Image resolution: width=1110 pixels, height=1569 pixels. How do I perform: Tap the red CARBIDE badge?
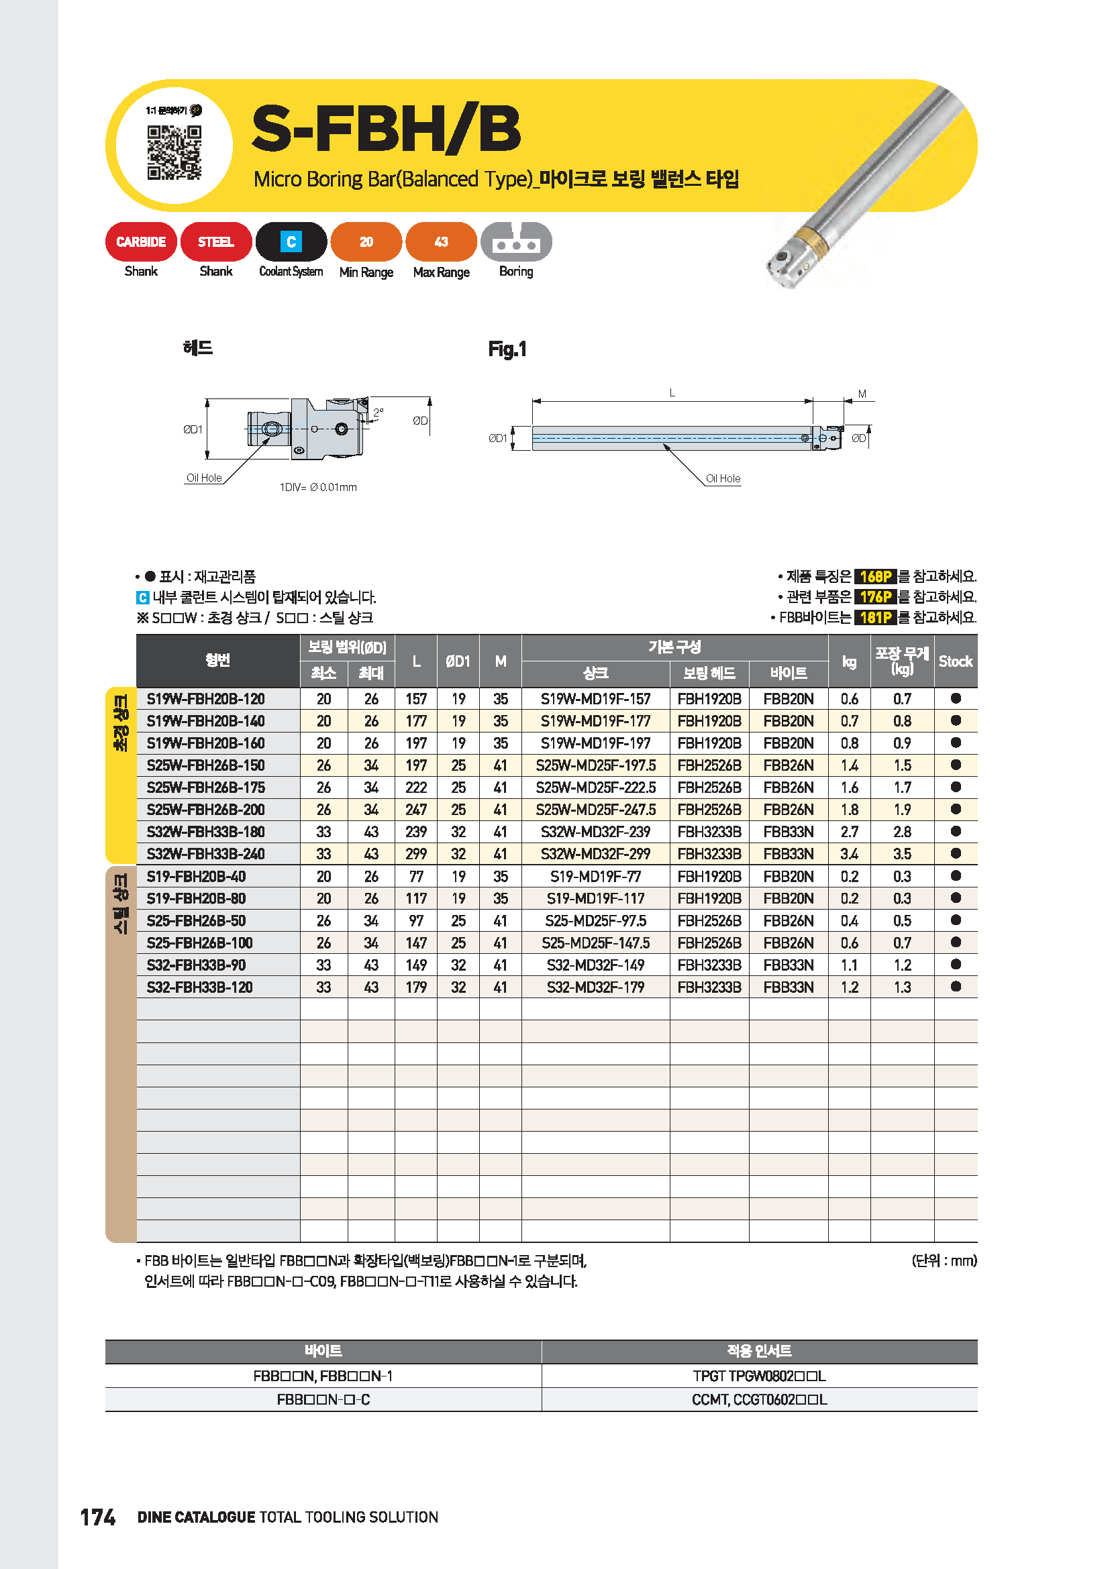(x=141, y=242)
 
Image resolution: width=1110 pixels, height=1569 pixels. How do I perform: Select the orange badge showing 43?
(x=441, y=242)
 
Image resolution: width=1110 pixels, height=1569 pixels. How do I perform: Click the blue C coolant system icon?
(x=291, y=242)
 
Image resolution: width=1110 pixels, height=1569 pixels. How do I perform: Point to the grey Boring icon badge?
(x=516, y=242)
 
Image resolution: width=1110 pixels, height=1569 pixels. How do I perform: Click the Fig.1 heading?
(x=507, y=349)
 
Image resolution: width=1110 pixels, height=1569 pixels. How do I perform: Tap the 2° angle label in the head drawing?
(x=378, y=412)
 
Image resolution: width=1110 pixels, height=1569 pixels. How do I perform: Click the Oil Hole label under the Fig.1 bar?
(x=723, y=478)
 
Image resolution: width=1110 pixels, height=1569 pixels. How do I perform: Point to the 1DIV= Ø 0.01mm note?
(x=318, y=487)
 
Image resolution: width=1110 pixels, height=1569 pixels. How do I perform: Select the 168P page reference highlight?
(x=875, y=576)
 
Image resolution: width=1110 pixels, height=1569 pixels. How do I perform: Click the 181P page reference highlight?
(x=875, y=618)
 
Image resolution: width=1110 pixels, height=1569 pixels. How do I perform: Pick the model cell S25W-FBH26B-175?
(x=205, y=788)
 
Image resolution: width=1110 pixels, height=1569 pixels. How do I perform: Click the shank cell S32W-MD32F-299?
(x=595, y=853)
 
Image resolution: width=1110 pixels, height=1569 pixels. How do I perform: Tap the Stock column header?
(x=956, y=661)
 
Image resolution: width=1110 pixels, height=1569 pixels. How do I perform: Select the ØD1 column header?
(x=458, y=661)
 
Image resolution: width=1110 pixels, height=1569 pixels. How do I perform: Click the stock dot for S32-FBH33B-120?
(x=956, y=986)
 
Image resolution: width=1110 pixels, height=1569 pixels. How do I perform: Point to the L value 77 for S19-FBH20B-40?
(x=415, y=876)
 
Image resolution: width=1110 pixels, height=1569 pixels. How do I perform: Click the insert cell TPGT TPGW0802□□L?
(x=759, y=1376)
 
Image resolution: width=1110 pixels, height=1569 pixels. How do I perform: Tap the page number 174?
(x=98, y=1517)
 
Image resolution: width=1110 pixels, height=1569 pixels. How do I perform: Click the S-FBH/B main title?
(x=386, y=129)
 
